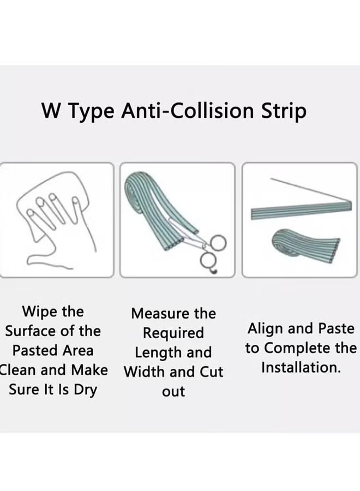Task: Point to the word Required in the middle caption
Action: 173,333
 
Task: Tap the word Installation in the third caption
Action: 301,368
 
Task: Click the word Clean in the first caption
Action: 18,370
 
